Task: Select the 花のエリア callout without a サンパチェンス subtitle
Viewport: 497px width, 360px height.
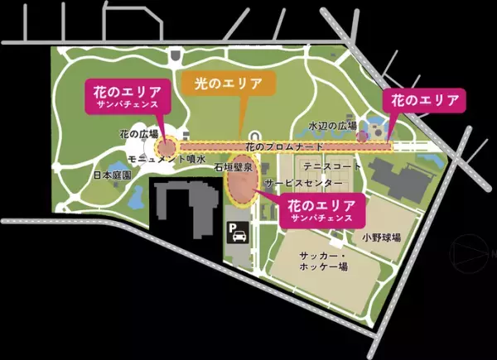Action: point(423,100)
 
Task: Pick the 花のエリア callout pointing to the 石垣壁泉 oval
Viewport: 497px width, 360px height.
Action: point(322,209)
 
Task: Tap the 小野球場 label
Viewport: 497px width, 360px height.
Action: point(381,237)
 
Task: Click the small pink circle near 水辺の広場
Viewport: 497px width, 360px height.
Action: point(361,135)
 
